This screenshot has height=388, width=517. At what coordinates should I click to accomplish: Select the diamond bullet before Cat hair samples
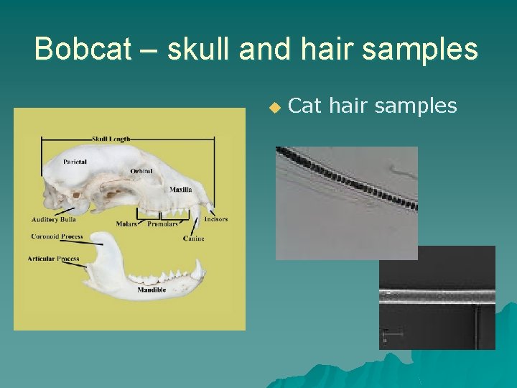274,107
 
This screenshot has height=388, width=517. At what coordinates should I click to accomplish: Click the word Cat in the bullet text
304,106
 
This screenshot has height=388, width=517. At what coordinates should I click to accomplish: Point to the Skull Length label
111,138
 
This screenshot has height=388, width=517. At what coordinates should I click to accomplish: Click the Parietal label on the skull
75,162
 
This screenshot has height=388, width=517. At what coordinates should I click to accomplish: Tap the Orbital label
141,171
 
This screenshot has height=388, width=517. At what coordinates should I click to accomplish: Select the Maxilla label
180,190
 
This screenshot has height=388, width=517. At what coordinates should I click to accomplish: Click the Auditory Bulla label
54,219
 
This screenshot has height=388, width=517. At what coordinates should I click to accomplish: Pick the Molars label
126,224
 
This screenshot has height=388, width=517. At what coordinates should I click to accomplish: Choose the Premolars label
162,224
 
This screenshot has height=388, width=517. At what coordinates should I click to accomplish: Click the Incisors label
215,218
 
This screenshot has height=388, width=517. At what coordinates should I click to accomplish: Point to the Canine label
194,238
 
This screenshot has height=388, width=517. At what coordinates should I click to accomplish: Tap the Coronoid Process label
57,236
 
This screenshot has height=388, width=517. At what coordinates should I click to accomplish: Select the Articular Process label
53,258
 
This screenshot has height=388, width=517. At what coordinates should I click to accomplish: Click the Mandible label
152,290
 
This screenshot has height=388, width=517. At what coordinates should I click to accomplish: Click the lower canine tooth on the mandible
196,269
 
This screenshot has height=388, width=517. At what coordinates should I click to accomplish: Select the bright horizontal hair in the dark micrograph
437,295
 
